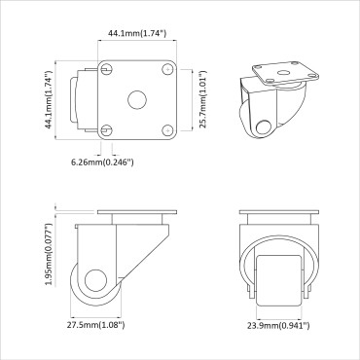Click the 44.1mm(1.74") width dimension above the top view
[x=136, y=34]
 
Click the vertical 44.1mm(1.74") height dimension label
[x=48, y=98]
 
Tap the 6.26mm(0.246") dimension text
[x=102, y=162]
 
